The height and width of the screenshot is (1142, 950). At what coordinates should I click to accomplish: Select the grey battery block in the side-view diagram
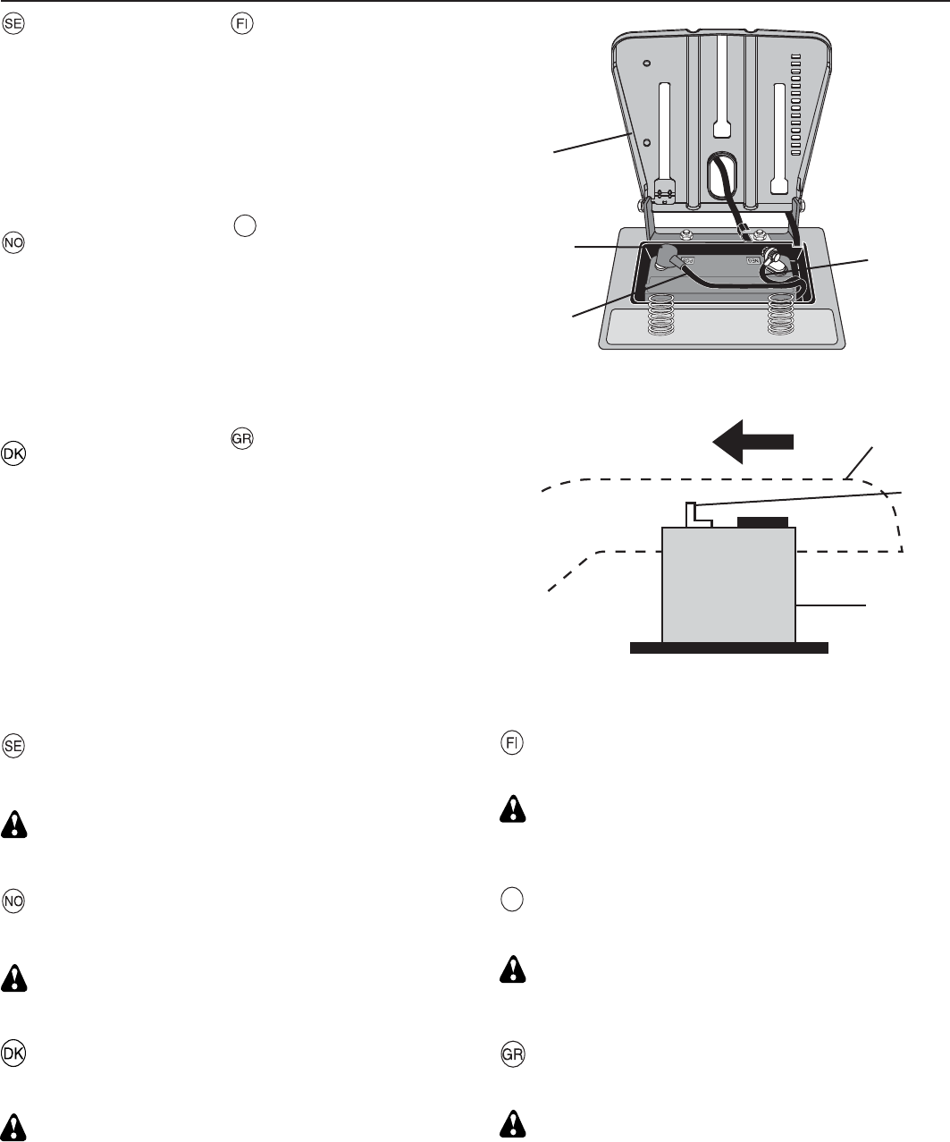click(728, 586)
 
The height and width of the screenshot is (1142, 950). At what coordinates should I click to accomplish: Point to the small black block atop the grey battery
click(761, 521)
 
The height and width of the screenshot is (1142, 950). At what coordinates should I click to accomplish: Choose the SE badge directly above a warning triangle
click(14, 746)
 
